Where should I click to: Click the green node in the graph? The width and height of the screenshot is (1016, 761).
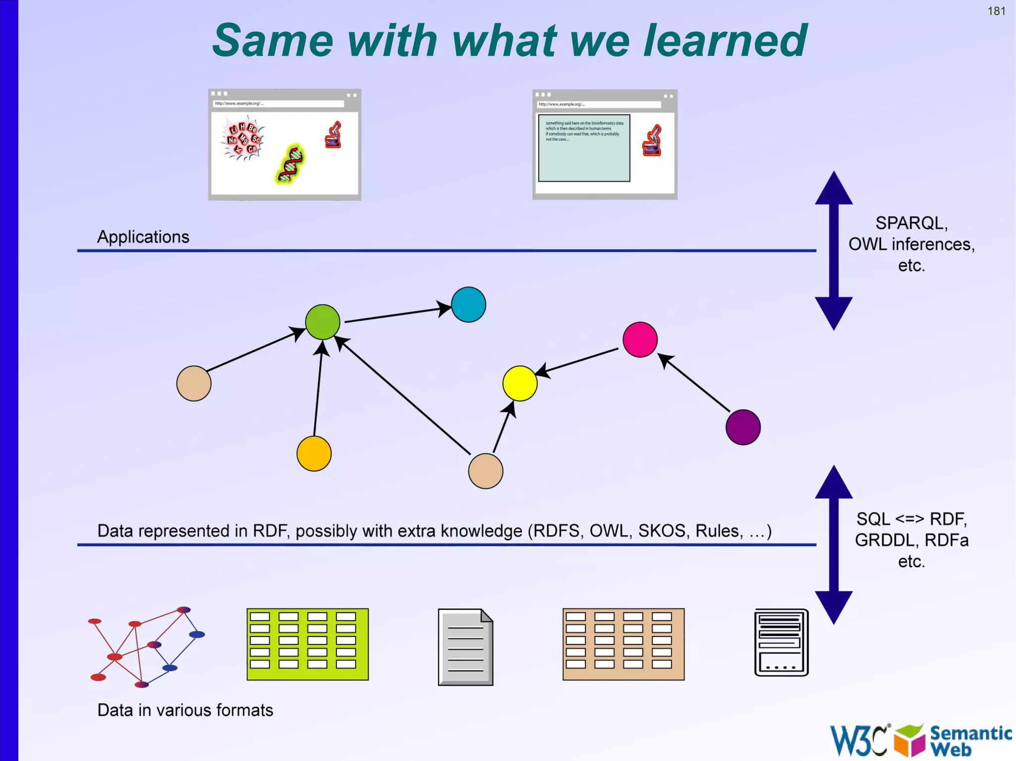(x=322, y=322)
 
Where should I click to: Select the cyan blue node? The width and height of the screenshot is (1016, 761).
(x=468, y=304)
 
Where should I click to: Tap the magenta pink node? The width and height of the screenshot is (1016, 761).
(x=640, y=340)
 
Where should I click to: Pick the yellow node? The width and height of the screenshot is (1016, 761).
(x=519, y=383)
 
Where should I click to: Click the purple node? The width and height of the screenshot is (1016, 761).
(x=743, y=427)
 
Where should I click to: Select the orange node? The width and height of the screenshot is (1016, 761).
(x=314, y=454)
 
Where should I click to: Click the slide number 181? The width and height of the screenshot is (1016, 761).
(x=996, y=11)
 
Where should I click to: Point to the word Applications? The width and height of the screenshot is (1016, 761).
(x=143, y=237)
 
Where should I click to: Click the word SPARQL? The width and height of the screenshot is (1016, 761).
(x=910, y=223)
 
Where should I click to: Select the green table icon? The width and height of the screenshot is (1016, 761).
(x=308, y=644)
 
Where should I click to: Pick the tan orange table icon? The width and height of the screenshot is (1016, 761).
(x=623, y=644)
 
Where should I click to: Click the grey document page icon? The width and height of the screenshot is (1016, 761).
(x=465, y=647)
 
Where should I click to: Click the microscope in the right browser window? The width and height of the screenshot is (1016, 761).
(x=652, y=141)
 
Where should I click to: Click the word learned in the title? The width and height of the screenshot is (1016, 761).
(x=725, y=41)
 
